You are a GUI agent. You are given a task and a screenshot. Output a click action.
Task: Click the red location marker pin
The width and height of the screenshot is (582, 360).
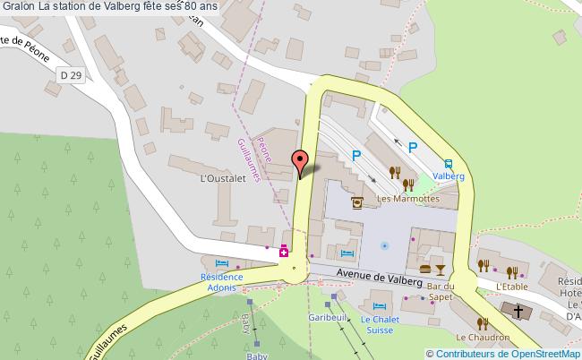tap(301, 161)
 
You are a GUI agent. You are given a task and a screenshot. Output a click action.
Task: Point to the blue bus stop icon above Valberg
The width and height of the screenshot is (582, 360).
tap(447, 163)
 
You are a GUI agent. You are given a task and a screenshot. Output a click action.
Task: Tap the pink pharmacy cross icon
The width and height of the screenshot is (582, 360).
tap(284, 252)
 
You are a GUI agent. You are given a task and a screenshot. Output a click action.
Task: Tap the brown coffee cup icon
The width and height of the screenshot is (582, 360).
tap(358, 203)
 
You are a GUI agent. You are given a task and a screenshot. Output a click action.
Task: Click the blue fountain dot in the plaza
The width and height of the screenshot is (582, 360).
tap(385, 244)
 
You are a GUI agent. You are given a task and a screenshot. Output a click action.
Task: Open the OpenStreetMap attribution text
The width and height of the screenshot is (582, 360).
tap(502, 353)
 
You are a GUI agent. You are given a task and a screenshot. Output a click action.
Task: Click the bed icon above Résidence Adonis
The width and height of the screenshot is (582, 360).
tap(222, 264)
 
